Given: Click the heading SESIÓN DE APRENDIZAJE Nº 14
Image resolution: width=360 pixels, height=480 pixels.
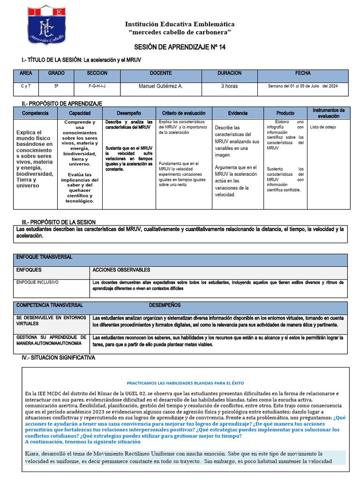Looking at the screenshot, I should pos(180,48).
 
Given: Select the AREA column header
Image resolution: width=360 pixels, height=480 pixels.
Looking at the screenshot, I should pos(26,74).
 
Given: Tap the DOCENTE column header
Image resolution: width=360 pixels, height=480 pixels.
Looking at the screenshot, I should pos(160,74).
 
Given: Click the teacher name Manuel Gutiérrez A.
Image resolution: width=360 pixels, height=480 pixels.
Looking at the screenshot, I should pos(161,86).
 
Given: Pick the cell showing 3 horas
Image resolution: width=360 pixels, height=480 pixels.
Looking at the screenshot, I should pos(229,86).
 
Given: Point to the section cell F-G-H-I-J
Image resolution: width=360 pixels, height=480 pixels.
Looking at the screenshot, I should pos(97,86).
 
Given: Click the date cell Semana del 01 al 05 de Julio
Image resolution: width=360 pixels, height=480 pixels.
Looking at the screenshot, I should pos(302,86).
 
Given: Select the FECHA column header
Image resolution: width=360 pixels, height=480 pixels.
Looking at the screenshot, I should pos(302,74).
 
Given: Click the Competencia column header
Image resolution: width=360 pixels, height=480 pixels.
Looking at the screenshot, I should pos(35,113).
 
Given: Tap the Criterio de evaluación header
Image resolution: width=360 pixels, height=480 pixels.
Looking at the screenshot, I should pos(184,113).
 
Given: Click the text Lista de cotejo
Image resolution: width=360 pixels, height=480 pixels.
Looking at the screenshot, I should pos(323,127).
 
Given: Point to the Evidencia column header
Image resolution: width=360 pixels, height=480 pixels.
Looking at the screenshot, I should pos(238,113).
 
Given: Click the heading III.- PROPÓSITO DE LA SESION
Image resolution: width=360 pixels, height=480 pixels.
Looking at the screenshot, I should pos(59,222).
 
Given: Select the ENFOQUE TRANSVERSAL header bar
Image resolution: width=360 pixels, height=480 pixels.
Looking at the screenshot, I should pos(45,257).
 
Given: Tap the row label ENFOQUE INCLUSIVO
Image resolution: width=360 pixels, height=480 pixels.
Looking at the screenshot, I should pos(37,283).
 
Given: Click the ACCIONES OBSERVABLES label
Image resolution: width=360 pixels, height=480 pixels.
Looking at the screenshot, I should pos(121,270).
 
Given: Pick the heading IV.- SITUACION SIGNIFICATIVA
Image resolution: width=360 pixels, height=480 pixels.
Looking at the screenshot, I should pos(58,358).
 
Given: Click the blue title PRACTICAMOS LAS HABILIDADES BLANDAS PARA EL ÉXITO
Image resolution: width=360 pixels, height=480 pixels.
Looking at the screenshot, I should pos(185,383).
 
